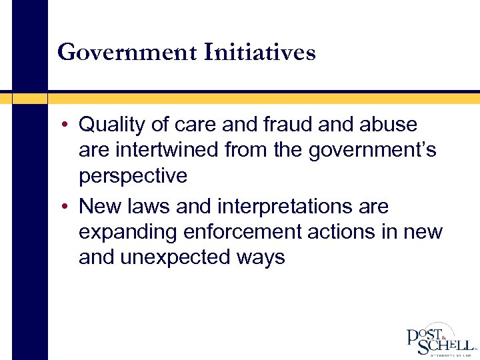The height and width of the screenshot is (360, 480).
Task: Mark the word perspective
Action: point(133,176)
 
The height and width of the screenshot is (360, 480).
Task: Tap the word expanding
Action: point(125,232)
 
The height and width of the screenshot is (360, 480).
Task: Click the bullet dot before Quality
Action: point(69,125)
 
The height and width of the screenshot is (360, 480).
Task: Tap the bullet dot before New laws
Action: point(69,207)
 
